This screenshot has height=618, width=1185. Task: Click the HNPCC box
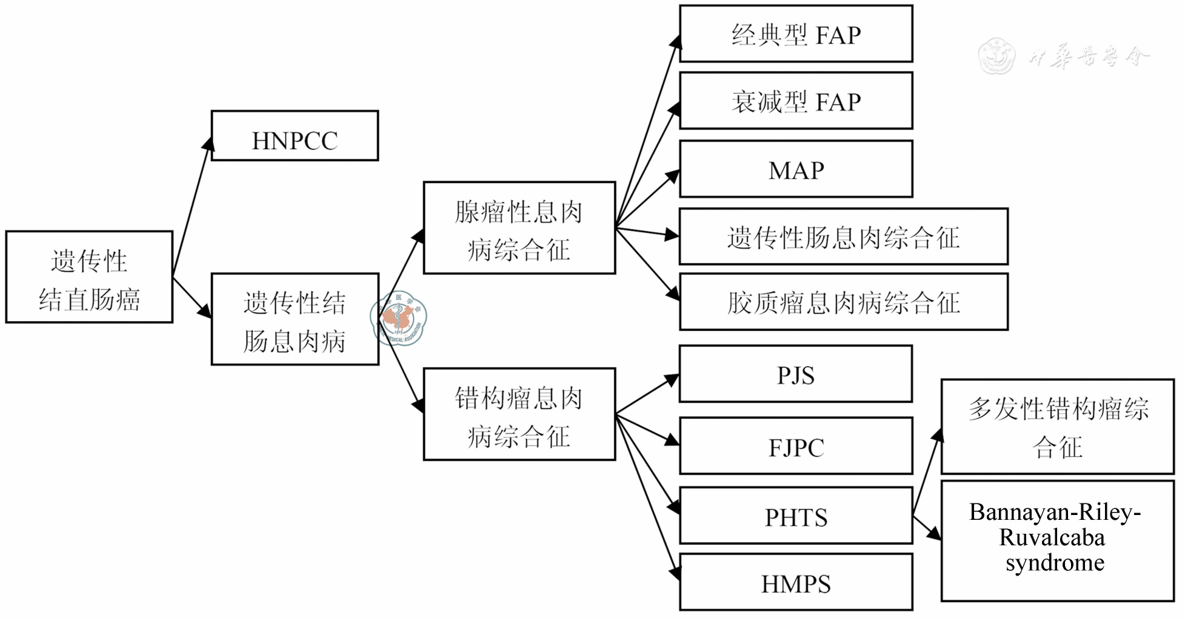click(295, 136)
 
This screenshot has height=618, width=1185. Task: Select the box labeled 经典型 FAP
click(796, 34)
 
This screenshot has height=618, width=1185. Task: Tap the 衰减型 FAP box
click(796, 101)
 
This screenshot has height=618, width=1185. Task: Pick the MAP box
click(796, 169)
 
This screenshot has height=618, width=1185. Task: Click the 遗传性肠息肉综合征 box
click(843, 237)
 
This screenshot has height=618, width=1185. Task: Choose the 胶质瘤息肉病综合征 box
click(843, 302)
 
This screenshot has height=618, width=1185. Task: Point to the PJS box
click(796, 374)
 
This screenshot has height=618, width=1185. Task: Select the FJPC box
click(796, 446)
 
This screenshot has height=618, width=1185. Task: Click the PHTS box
click(796, 516)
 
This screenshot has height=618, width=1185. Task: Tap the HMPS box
click(796, 582)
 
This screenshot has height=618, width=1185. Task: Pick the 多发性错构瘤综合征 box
click(1057, 427)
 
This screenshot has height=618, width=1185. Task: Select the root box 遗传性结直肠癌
click(89, 277)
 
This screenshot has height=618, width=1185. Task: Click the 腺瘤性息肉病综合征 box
click(519, 228)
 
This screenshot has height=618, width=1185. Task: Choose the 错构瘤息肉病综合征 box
click(519, 414)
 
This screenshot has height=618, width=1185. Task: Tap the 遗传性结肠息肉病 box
click(295, 319)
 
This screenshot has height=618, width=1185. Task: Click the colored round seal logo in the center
click(399, 318)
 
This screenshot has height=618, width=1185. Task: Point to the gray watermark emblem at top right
click(996, 56)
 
